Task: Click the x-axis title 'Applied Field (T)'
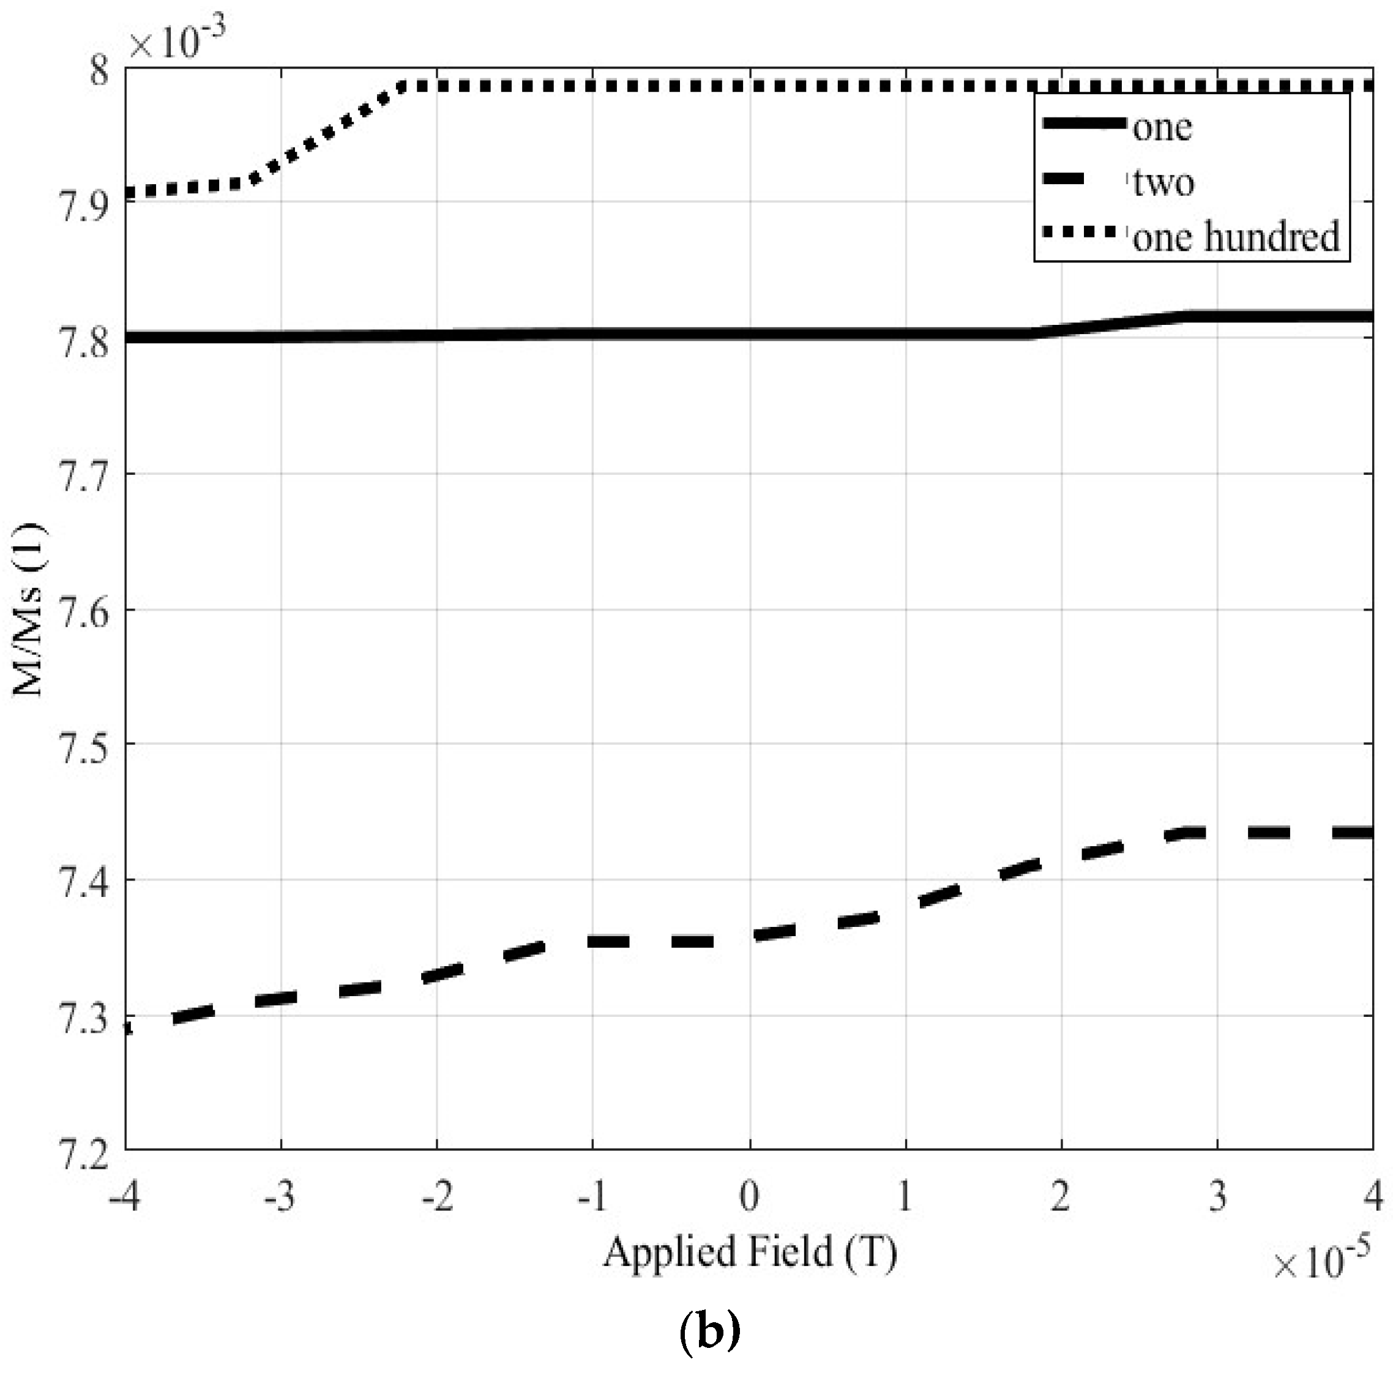(750, 1252)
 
